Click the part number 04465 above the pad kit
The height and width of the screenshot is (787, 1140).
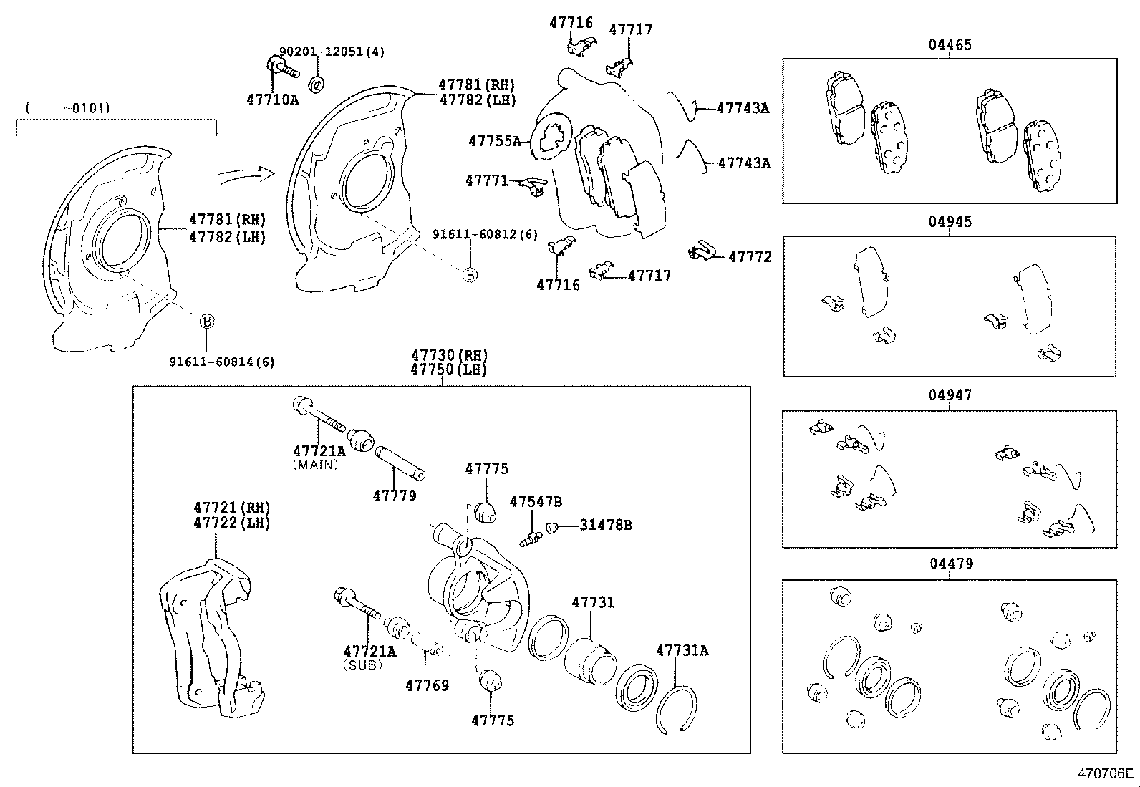(x=950, y=45)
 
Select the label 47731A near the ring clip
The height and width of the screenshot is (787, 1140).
(x=682, y=650)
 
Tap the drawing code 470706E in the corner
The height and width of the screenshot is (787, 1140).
(x=1106, y=773)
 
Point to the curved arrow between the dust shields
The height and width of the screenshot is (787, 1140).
(x=246, y=174)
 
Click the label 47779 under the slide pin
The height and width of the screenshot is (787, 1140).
(x=394, y=496)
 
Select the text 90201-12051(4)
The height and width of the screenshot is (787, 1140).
(x=332, y=52)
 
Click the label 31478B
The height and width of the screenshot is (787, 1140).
(x=606, y=525)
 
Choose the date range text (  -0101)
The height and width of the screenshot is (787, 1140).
(x=67, y=108)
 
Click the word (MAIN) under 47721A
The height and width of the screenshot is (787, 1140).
(x=315, y=465)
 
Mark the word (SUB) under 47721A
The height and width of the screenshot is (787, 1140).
(x=362, y=665)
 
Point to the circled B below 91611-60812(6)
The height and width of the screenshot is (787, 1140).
(x=470, y=274)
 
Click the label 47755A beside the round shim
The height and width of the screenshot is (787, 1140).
(x=495, y=141)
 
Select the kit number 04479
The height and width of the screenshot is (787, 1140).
(x=951, y=564)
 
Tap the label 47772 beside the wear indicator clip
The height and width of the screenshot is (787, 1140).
(x=750, y=257)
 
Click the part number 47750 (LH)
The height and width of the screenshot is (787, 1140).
(x=448, y=370)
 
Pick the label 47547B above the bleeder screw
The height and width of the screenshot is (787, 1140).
(x=536, y=501)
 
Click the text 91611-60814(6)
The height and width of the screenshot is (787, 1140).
(x=222, y=362)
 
